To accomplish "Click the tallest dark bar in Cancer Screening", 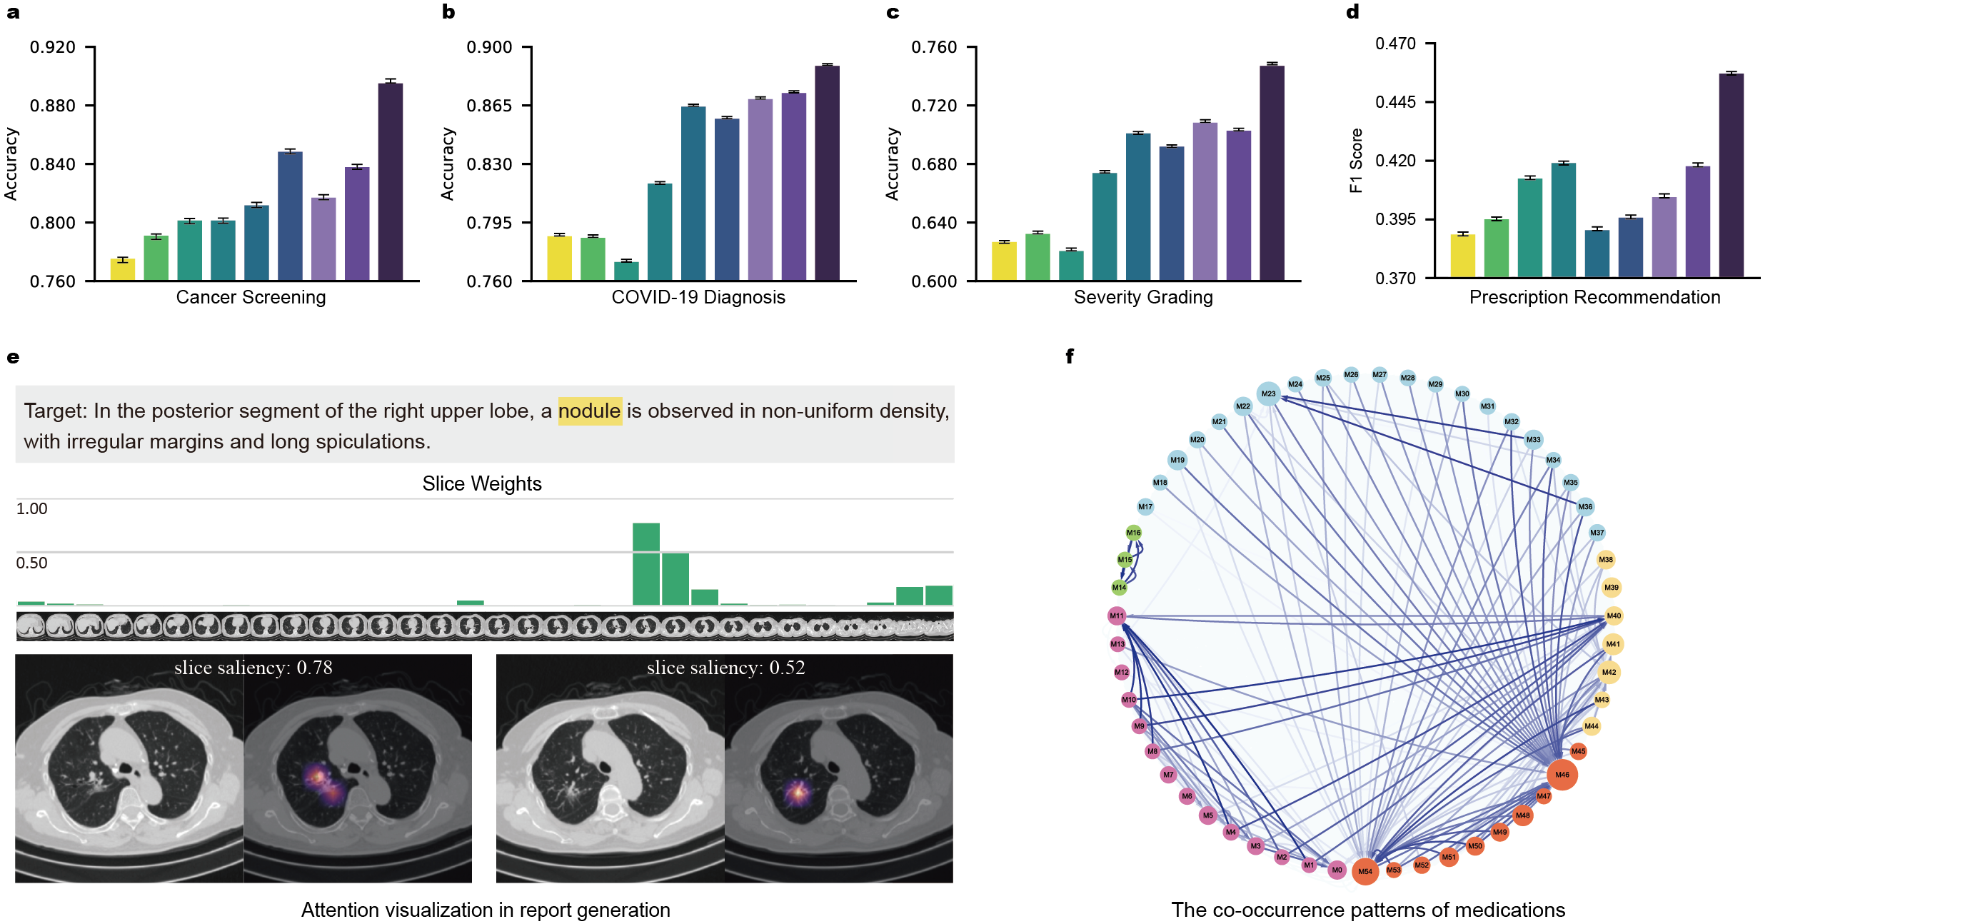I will point(390,181).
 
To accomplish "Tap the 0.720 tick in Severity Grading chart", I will point(933,106).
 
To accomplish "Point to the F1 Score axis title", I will point(1356,160).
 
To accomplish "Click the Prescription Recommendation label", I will point(1594,298).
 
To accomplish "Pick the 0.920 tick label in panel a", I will point(52,47).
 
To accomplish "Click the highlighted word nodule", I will point(590,411).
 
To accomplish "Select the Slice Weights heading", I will point(481,484).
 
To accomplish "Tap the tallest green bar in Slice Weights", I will point(645,564).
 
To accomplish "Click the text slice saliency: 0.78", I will point(253,668).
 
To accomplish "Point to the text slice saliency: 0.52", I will point(725,668).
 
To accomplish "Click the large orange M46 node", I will point(1562,775).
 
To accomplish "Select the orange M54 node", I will point(1365,872).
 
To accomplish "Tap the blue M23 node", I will point(1268,393).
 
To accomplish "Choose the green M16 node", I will point(1133,533).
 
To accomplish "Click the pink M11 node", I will point(1117,616).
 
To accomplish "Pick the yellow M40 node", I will point(1614,616).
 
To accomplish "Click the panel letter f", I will point(1070,356).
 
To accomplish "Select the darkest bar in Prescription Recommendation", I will point(1731,175).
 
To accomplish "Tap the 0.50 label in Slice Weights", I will point(31,563).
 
